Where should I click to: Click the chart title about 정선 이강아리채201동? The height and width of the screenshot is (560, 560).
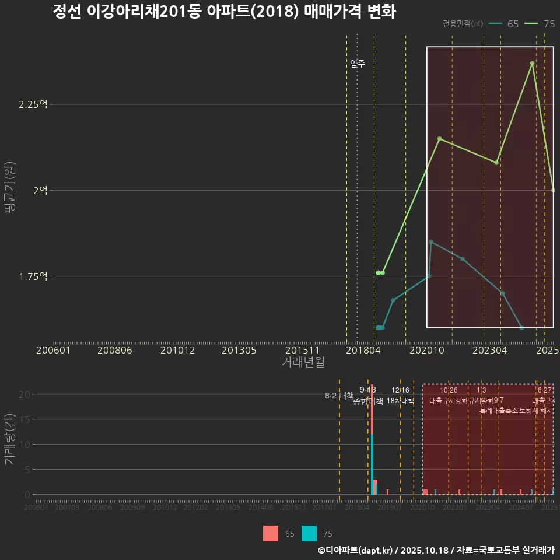pyautogui.click(x=225, y=12)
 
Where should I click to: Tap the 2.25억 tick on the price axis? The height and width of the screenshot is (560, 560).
pyautogui.click(x=33, y=104)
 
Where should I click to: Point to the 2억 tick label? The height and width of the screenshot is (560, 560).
pyautogui.click(x=40, y=190)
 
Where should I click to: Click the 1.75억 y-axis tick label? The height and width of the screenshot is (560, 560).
pyautogui.click(x=33, y=276)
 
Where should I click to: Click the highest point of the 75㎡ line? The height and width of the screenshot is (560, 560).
pyautogui.click(x=532, y=63)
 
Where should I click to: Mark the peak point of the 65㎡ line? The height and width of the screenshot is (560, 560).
pyautogui.click(x=431, y=242)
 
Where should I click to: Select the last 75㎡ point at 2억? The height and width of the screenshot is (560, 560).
pyautogui.click(x=553, y=190)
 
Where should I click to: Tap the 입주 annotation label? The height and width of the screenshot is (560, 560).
pyautogui.click(x=358, y=64)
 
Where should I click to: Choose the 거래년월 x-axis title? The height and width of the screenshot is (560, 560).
pyautogui.click(x=303, y=362)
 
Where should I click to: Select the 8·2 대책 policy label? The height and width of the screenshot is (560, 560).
pyautogui.click(x=339, y=395)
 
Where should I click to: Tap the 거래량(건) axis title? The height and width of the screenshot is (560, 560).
pyautogui.click(x=9, y=440)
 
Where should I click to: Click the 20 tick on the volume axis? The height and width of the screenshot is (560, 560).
pyautogui.click(x=24, y=394)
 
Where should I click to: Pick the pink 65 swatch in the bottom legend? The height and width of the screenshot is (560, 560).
pyautogui.click(x=271, y=533)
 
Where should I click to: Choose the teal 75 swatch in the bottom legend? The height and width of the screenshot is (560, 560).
pyautogui.click(x=309, y=533)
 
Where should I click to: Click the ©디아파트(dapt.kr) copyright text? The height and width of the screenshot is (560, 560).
pyautogui.click(x=356, y=550)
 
